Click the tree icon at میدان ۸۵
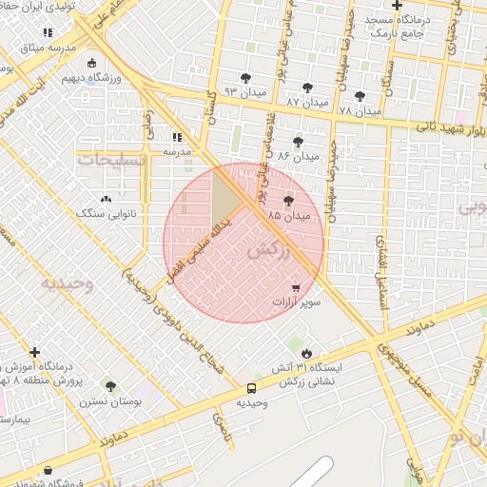pos(289,200)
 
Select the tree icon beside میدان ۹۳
pos(246,78)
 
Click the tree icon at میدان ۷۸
pos(360,95)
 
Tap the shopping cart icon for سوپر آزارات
pos(296,286)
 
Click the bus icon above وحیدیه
pos(251,388)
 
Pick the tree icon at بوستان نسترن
pos(110,386)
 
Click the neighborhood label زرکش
pos(267,251)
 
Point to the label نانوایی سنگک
pos(107,214)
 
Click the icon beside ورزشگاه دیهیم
pos(91,64)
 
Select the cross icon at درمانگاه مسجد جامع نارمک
pos(397,6)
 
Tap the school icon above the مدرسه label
pos(177,136)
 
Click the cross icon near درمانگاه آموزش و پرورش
pos(35,352)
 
